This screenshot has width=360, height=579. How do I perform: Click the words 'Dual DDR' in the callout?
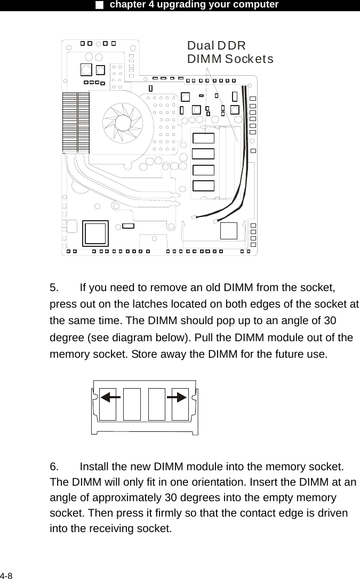[216, 46]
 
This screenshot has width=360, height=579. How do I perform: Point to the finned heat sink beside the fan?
[75, 122]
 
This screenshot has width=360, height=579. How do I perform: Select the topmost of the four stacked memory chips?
[203, 138]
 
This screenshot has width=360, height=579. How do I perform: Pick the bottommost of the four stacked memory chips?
[203, 186]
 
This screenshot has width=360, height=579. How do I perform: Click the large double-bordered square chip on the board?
[96, 234]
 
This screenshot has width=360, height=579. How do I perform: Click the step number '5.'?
[55, 288]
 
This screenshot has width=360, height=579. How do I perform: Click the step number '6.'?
[55, 467]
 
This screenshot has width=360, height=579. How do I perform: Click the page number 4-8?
[7, 575]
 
